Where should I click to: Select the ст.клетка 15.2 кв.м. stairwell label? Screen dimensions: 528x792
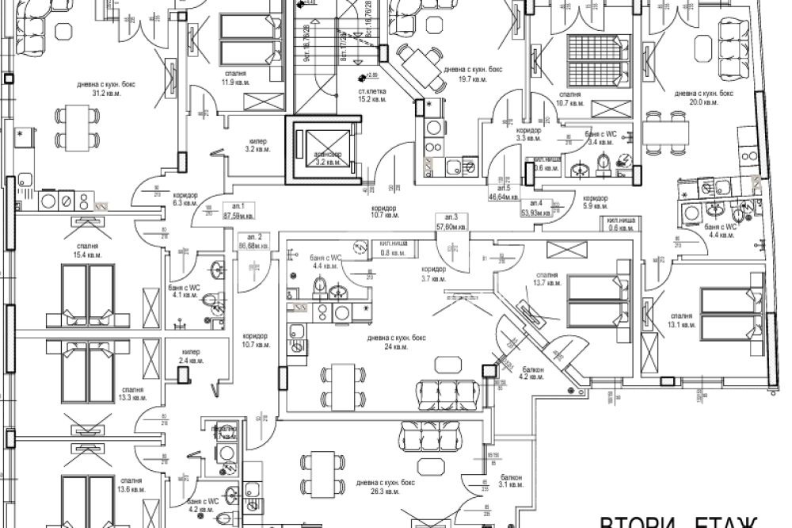tap(371, 95)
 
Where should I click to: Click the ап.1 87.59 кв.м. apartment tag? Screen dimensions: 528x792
tap(238, 210)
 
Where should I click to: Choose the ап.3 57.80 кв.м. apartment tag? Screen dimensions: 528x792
tap(452, 221)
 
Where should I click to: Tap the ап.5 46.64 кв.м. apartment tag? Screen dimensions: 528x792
tap(504, 191)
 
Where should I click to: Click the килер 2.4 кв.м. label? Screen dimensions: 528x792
tap(190, 356)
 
